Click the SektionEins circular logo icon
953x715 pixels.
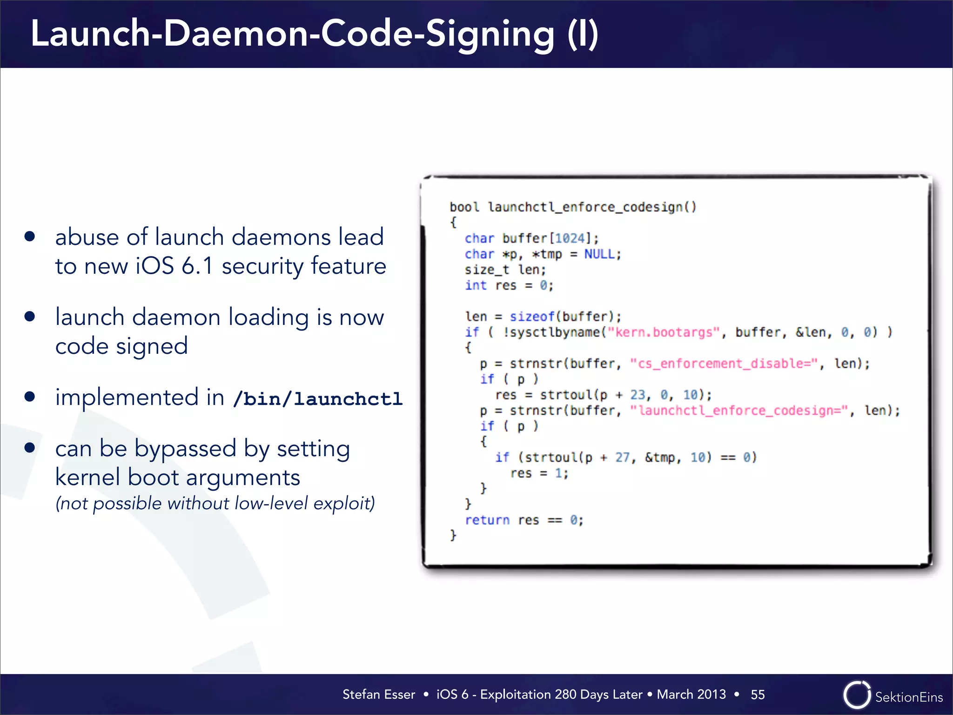[856, 695]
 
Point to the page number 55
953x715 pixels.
[758, 695]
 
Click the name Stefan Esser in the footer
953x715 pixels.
[379, 695]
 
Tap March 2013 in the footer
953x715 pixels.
[691, 695]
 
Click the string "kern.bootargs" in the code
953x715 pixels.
[664, 332]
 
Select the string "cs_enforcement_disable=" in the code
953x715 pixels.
[724, 364]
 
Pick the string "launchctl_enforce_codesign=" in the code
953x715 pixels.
[739, 411]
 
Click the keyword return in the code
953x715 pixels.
[487, 520]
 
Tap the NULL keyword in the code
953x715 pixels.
[600, 254]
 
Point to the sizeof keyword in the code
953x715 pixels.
[532, 317]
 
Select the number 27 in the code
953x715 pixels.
[622, 458]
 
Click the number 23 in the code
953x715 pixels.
[638, 395]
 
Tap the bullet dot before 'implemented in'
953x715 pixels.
[30, 397]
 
